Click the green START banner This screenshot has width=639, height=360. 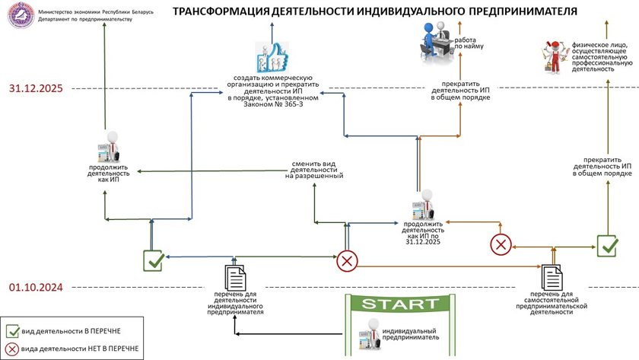[400, 304]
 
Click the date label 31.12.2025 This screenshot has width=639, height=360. [36, 89]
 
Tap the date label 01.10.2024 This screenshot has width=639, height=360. [36, 288]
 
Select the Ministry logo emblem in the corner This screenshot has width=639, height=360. [17, 15]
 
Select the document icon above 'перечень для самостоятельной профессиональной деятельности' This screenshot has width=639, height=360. [551, 276]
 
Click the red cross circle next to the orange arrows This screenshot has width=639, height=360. [500, 244]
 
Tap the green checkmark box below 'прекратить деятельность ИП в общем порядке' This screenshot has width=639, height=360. [607, 245]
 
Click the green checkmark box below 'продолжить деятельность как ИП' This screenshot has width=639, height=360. [154, 260]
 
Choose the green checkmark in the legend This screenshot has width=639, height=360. [13, 331]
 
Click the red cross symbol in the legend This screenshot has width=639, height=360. [13, 349]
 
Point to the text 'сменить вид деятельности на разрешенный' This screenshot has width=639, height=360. [314, 169]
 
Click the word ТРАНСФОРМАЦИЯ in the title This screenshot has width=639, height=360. [221, 12]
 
